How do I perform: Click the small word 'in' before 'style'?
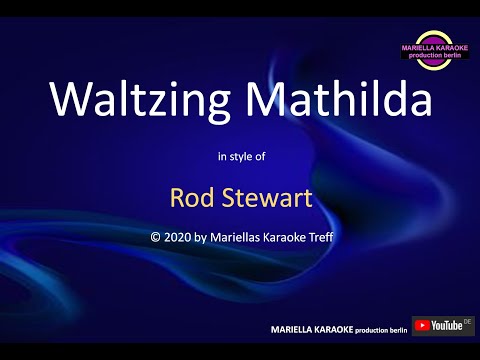(x=221, y=156)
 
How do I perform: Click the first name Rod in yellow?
(x=189, y=197)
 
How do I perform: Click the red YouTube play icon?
(x=422, y=326)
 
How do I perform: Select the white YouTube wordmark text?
(x=447, y=326)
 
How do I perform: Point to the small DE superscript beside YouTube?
(x=468, y=321)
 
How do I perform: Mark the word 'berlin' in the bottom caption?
(x=399, y=328)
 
